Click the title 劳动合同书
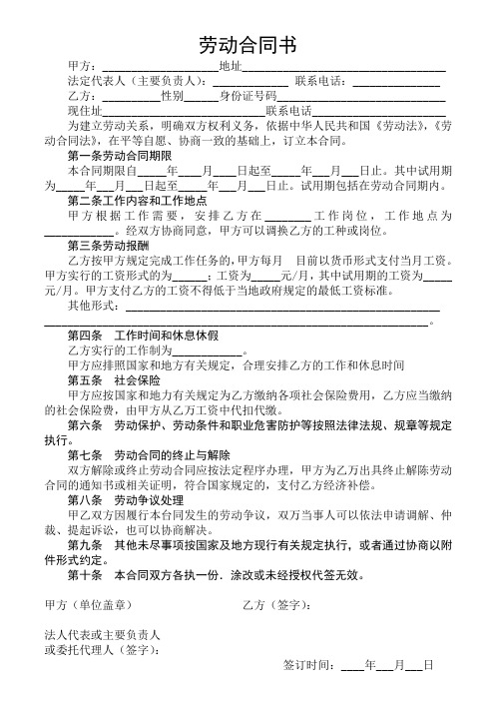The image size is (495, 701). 247,45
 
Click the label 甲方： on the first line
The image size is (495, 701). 79,66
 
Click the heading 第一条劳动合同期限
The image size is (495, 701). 120,156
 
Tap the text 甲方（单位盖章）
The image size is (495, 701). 96,604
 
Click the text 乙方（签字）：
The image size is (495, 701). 280,604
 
